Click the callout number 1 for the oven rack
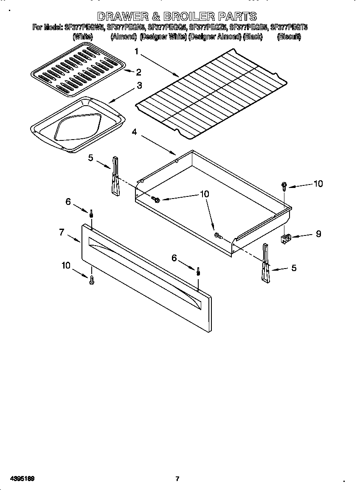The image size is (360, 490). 137,52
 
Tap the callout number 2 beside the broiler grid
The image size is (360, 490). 138,72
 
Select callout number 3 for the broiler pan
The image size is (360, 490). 139,85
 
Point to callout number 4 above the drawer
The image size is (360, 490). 134,132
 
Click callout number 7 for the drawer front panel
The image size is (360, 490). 62,232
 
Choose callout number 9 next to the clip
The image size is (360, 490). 318,233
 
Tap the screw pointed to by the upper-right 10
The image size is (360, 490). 284,185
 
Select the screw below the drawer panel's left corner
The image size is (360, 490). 92,280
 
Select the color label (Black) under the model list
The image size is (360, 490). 253,37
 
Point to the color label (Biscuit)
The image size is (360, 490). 289,37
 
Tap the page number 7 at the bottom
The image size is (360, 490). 177,479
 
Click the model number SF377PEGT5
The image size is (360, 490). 289,28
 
